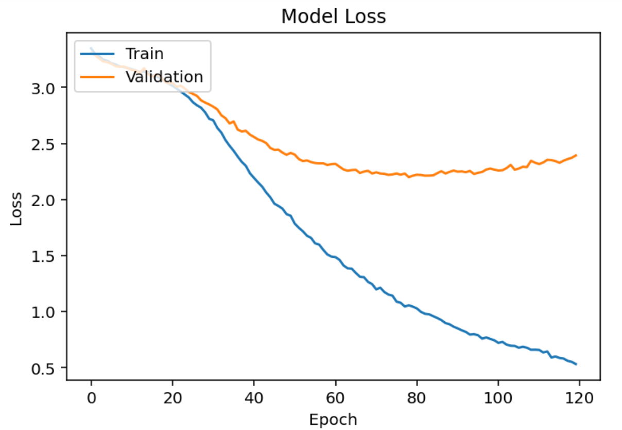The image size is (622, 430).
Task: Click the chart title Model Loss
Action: pos(333,17)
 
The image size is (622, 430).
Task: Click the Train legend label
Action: pos(145,53)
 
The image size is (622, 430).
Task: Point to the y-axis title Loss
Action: pos(16,208)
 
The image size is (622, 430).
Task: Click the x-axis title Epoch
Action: pos(333,419)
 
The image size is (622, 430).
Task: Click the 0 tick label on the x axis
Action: pos(91,398)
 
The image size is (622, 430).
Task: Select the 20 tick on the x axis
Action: pos(172,398)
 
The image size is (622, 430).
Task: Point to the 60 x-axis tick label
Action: pos(335,398)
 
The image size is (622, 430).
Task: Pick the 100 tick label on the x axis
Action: pos(498,398)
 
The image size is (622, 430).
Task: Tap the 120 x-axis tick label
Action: pos(579,398)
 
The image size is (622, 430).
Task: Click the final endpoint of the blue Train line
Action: pos(576,364)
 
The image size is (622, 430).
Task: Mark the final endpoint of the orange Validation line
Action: pos(576,155)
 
